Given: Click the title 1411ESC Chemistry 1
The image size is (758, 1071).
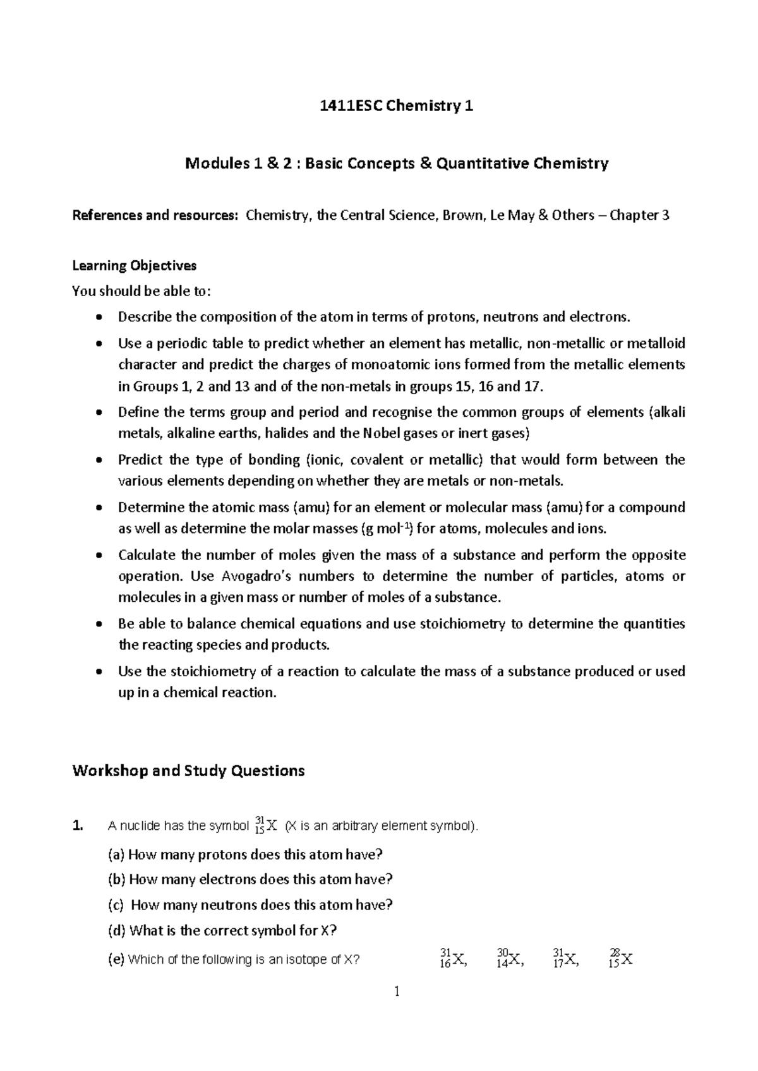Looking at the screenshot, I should pos(397,106).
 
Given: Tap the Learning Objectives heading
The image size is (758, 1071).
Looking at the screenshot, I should pos(135,265).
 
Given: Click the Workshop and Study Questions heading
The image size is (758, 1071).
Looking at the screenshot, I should pos(188,770).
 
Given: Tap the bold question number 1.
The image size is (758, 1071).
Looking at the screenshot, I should pos(77,826).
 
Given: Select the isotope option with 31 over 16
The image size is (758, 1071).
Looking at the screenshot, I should pos(452,959).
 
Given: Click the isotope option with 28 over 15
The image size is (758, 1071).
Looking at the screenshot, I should pos(621,959).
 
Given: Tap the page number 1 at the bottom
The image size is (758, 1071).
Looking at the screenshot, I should pos(397,992).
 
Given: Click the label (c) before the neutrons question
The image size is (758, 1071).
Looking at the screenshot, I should pos(116,905).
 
